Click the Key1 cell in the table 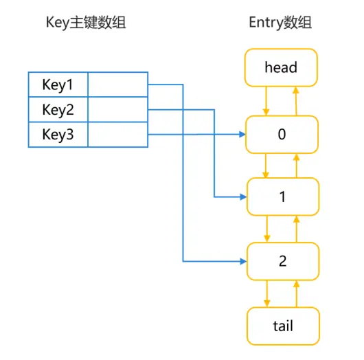(58, 85)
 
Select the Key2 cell (58, 109)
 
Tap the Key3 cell (58, 135)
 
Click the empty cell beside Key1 (118, 85)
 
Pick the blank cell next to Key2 (118, 109)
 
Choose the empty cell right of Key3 (118, 135)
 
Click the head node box (281, 67)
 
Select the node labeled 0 (282, 135)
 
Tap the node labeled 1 (283, 196)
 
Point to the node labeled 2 (283, 261)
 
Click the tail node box (283, 326)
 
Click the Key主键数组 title (86, 23)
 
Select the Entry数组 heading (280, 23)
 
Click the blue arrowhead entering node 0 (242, 134)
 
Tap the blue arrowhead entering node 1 (243, 197)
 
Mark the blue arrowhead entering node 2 (243, 262)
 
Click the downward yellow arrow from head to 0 (266, 101)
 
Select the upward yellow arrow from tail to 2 (296, 294)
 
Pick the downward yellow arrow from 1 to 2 (267, 229)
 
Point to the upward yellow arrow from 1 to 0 (296, 166)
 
